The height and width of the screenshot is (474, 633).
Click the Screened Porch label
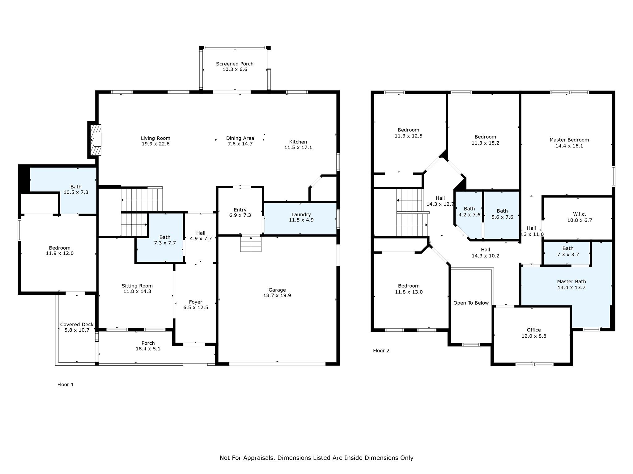235,64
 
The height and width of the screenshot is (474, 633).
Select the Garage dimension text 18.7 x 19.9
277,295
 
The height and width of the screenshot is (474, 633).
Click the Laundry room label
301,214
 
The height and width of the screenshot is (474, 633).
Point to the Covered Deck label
77,324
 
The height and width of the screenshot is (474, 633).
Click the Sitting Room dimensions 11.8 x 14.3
137,291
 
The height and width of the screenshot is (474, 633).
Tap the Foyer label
196,302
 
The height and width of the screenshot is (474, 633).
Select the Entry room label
240,210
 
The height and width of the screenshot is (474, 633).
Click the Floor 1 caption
66,385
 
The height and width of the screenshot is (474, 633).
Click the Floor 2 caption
381,351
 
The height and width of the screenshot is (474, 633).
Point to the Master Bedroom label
569,140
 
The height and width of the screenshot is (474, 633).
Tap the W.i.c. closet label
579,214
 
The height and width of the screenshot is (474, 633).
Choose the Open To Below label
471,303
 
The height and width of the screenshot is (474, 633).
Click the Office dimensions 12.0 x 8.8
534,336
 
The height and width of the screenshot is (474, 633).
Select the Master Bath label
571,281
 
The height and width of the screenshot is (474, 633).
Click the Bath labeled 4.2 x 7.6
469,212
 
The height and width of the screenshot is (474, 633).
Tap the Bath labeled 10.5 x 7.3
76,189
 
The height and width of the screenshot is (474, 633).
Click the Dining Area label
240,138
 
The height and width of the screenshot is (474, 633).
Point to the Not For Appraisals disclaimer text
316,458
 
